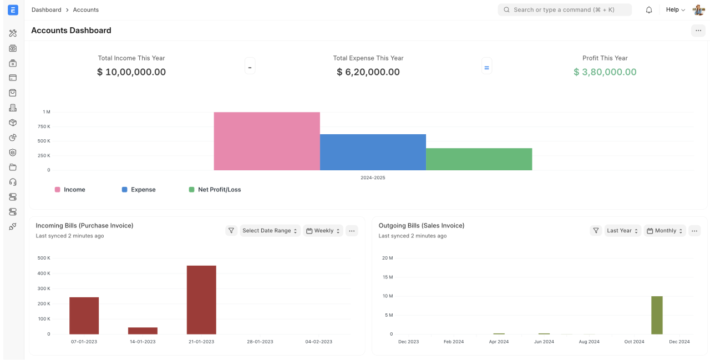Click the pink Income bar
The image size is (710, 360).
267,141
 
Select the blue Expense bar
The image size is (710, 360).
373,152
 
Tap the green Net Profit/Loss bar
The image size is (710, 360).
479,159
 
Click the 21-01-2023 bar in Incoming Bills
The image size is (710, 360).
201,300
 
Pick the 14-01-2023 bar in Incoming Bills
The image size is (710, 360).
143,331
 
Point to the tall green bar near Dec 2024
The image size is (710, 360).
657,315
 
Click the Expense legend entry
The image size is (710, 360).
139,190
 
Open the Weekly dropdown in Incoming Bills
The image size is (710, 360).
323,231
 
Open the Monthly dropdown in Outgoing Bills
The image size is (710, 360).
665,231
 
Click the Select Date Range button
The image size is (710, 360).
270,231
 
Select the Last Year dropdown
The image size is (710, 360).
622,231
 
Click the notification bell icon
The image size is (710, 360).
649,10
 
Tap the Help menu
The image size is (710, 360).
675,10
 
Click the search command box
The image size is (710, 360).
564,10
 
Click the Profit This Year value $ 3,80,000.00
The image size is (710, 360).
605,72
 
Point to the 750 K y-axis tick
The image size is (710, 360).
44,126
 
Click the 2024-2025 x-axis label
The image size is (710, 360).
373,178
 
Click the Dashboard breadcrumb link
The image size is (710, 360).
47,10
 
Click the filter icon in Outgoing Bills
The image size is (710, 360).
596,231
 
